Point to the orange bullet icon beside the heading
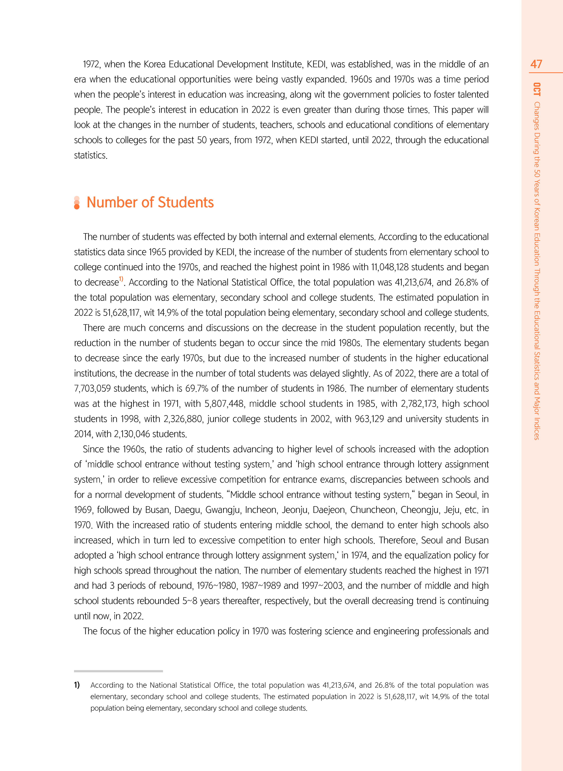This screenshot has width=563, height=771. [77, 203]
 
